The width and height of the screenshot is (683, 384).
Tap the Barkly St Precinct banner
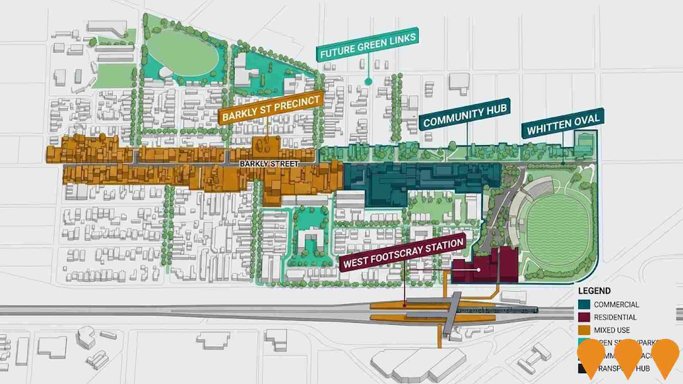click(271, 108)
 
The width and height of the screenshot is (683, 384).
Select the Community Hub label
click(465, 114)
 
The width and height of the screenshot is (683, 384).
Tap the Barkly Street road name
click(269, 164)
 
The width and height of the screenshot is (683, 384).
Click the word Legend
click(594, 291)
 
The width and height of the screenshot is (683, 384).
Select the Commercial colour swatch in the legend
click(584, 304)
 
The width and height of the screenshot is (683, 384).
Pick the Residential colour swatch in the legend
click(584, 317)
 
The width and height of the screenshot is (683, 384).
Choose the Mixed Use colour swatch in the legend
click(584, 330)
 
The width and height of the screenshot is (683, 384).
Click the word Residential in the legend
click(615, 317)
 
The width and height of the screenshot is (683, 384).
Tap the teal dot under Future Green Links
click(368, 82)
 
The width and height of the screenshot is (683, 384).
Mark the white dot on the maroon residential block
click(479, 270)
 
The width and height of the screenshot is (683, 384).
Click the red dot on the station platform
click(405, 305)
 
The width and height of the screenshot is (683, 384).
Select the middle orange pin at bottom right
click(628, 356)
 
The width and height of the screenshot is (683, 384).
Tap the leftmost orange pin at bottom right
click(591, 356)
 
